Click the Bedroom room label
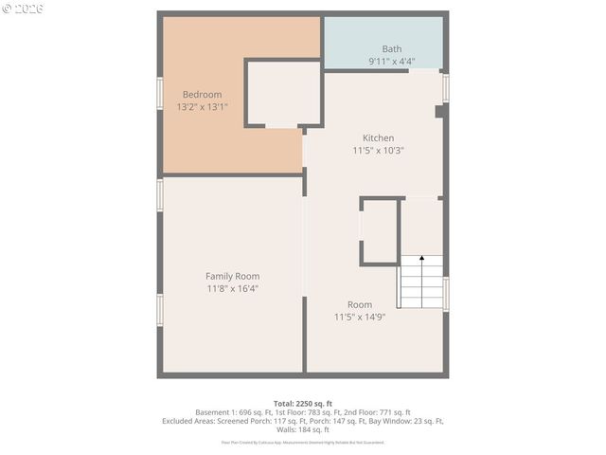(x=202, y=94)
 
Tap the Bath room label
(x=391, y=48)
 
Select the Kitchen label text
(x=378, y=137)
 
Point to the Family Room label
(x=232, y=276)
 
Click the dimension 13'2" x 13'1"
(x=202, y=107)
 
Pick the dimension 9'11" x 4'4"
(x=391, y=62)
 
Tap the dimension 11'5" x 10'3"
(x=378, y=150)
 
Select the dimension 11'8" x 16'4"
(x=232, y=288)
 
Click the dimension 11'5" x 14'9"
(x=359, y=317)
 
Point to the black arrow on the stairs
(x=422, y=258)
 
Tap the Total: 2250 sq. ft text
(x=302, y=404)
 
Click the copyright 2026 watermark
(x=23, y=8)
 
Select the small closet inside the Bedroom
(x=283, y=93)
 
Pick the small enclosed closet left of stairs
(x=380, y=230)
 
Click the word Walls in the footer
(x=284, y=429)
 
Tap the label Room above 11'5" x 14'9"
(x=359, y=304)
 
